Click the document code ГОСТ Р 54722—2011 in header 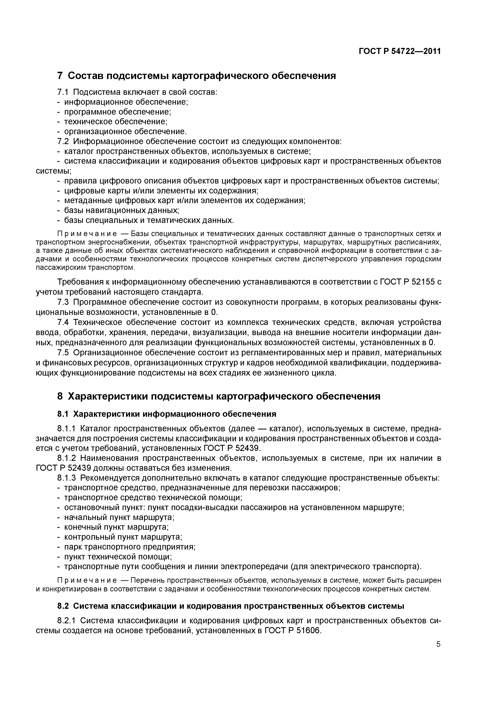click(400, 51)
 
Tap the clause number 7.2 click(64, 141)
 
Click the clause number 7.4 click(64, 322)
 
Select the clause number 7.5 click(64, 353)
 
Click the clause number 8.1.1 click(66, 429)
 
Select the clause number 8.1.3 click(66, 478)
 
